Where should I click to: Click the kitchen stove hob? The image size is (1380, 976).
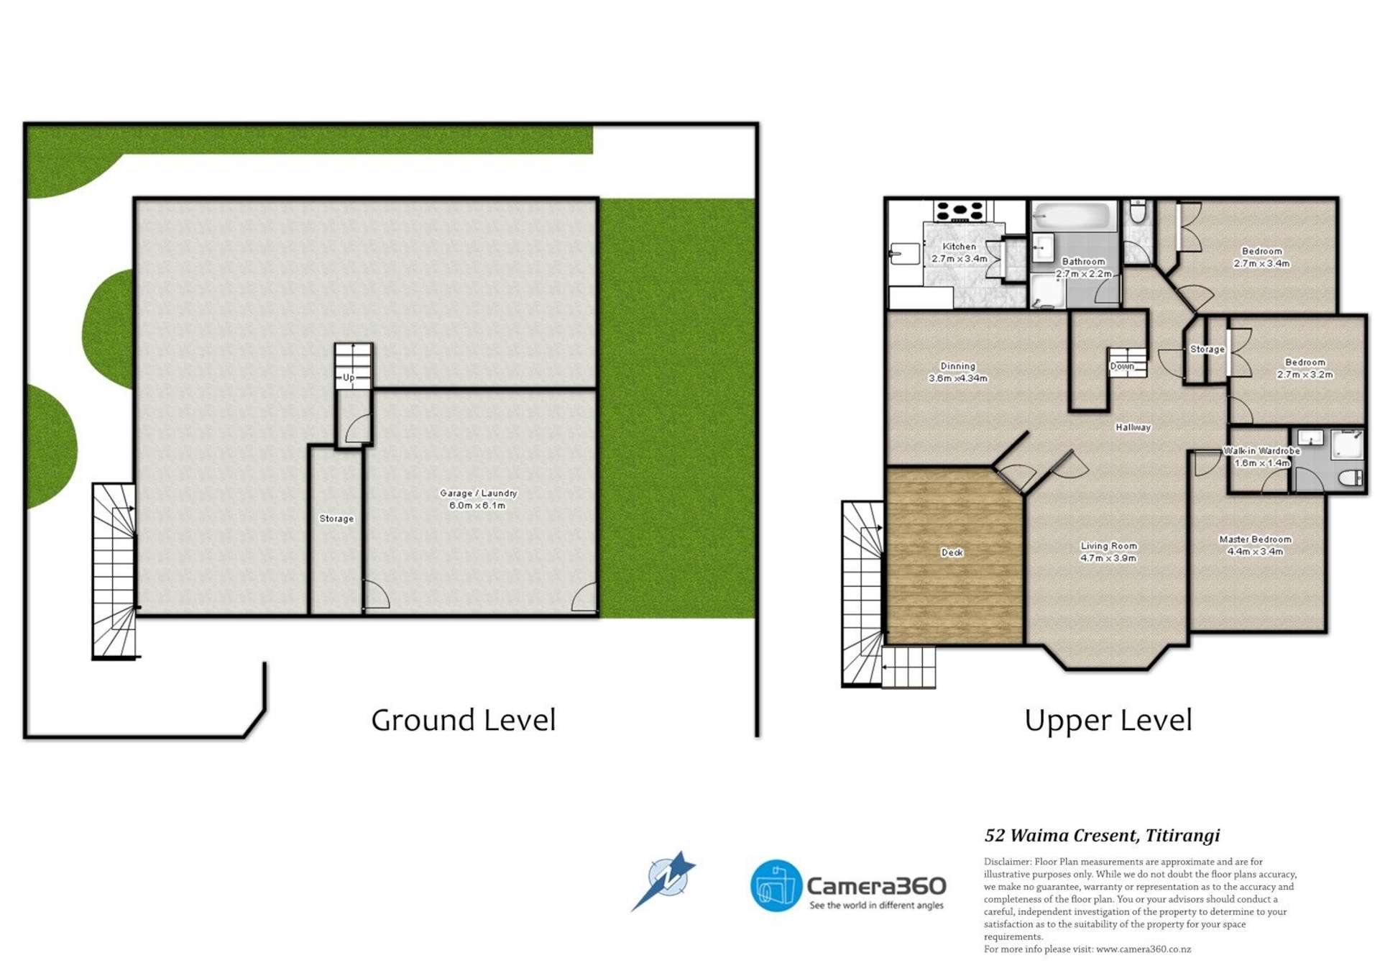(958, 211)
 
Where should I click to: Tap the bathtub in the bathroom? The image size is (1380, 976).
(1073, 216)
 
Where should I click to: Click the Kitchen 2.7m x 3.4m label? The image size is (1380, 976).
(959, 252)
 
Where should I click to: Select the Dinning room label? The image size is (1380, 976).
(957, 372)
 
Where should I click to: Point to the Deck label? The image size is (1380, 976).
(952, 552)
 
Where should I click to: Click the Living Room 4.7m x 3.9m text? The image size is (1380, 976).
(1108, 552)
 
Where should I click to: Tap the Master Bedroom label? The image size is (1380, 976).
(1255, 545)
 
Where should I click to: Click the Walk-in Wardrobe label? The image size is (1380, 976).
(1261, 457)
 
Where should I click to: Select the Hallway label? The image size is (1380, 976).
(1133, 427)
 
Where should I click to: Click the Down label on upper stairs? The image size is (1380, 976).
(1121, 366)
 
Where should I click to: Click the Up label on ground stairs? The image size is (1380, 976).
(349, 377)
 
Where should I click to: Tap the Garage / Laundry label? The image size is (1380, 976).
(478, 499)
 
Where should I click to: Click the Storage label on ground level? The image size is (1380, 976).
(336, 519)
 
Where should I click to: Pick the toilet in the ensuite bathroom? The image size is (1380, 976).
(1351, 478)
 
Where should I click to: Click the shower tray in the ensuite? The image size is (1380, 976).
(1346, 444)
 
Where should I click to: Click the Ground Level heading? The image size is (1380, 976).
(463, 720)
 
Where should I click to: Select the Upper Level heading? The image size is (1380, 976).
(1108, 720)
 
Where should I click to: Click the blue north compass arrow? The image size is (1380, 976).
(665, 880)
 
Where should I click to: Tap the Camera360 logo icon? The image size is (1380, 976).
(776, 885)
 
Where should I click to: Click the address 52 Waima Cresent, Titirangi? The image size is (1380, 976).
(1102, 835)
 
